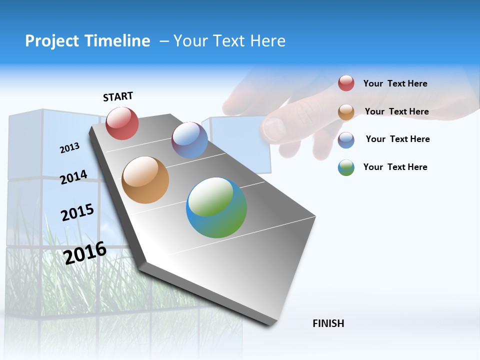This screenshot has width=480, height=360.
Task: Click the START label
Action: [x=118, y=96]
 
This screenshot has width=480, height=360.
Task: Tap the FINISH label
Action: [x=328, y=323]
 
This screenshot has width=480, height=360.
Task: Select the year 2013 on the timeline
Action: [x=69, y=148]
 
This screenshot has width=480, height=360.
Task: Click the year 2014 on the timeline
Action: [x=73, y=177]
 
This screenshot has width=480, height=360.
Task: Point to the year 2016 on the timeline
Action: [x=85, y=253]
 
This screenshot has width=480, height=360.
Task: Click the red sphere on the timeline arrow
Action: [x=122, y=123]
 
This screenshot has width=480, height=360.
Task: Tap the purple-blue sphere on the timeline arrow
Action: [x=189, y=140]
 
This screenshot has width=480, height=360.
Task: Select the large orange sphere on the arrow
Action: [x=145, y=180]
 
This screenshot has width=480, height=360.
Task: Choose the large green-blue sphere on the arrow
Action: [x=216, y=207]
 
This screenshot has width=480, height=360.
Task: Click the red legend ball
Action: [x=346, y=83]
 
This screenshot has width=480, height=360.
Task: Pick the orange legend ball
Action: [x=346, y=111]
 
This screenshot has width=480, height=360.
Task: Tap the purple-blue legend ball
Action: [x=346, y=139]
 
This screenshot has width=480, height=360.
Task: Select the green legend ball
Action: [x=346, y=167]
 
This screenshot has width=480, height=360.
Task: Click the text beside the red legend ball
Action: [x=395, y=83]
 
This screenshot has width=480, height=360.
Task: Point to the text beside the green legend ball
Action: [x=395, y=167]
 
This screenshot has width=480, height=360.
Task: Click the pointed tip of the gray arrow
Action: [x=270, y=325]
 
